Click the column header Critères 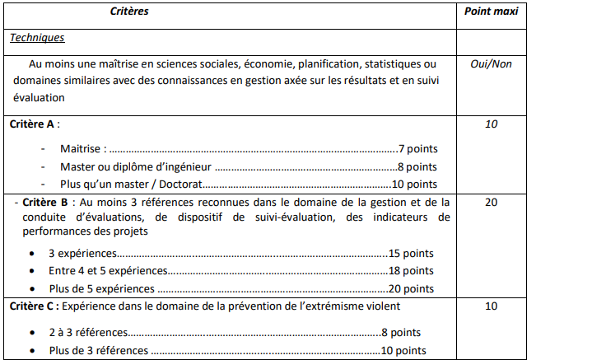130,12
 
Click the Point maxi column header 490,12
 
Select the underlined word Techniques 37,38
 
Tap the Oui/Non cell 491,63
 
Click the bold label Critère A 33,124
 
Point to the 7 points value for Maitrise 417,149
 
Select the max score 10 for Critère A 492,124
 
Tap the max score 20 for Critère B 492,202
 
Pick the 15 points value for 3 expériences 411,253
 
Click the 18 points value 411,270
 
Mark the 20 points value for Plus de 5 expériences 412,288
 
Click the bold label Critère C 33,306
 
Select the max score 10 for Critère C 492,306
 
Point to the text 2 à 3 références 88,333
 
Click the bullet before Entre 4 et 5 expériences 31,270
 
